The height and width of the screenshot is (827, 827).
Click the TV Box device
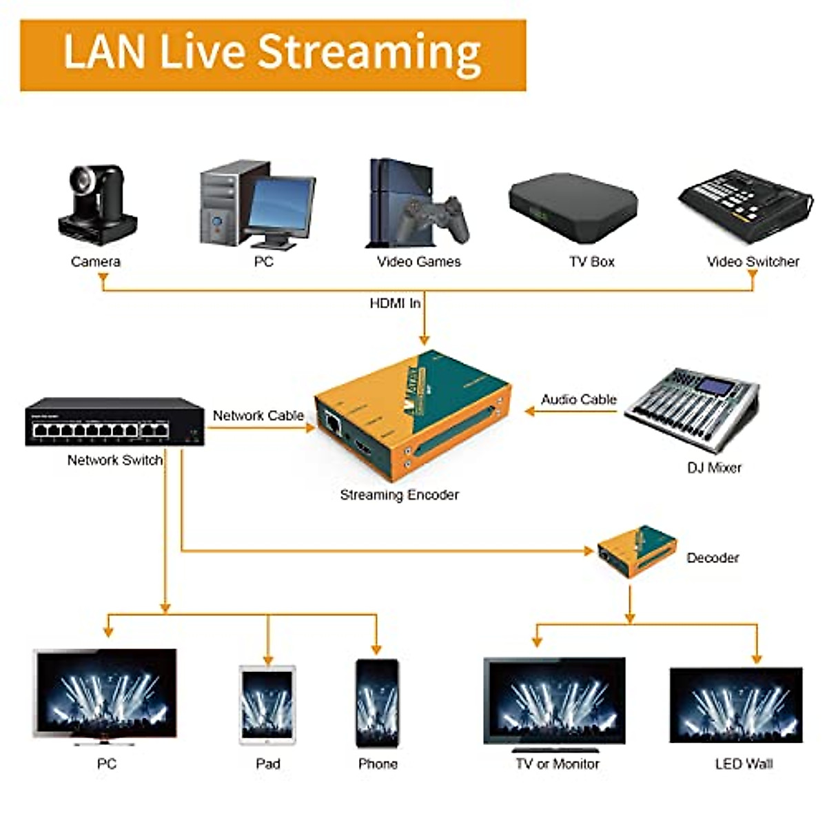tap(573, 201)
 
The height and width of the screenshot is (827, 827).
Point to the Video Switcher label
tap(753, 262)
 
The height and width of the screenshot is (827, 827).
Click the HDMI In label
tap(395, 303)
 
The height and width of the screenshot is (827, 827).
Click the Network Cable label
tap(258, 416)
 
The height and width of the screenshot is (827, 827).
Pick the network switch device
tap(115, 422)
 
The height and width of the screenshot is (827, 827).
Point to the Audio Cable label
tap(578, 400)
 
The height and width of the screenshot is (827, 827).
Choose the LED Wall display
tap(736, 705)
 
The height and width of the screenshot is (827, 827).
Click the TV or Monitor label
tap(557, 764)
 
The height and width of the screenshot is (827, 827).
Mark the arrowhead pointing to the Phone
tap(376, 649)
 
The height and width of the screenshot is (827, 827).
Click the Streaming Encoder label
tap(399, 495)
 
